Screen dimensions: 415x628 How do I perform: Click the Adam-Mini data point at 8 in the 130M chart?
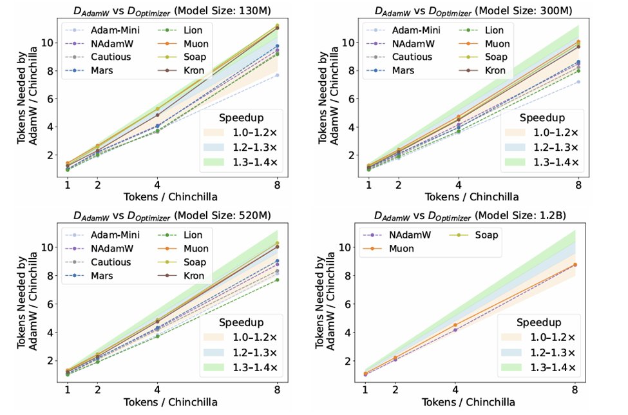click(x=277, y=75)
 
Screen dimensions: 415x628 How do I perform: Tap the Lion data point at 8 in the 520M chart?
click(x=277, y=280)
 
